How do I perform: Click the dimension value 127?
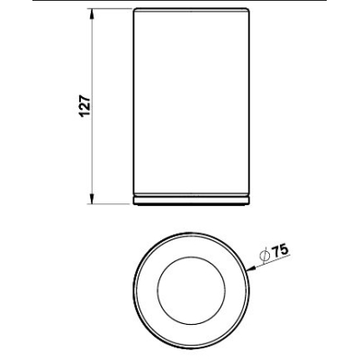click(x=85, y=106)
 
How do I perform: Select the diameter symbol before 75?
click(x=265, y=256)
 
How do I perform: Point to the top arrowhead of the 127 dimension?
click(x=93, y=13)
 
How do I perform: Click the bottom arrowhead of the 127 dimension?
click(x=93, y=199)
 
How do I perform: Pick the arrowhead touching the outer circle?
click(x=250, y=267)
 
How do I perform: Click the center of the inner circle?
click(x=191, y=290)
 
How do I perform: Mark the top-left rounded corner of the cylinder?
click(x=135, y=10)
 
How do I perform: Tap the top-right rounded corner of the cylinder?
click(x=247, y=10)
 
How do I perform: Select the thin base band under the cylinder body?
click(x=191, y=201)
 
